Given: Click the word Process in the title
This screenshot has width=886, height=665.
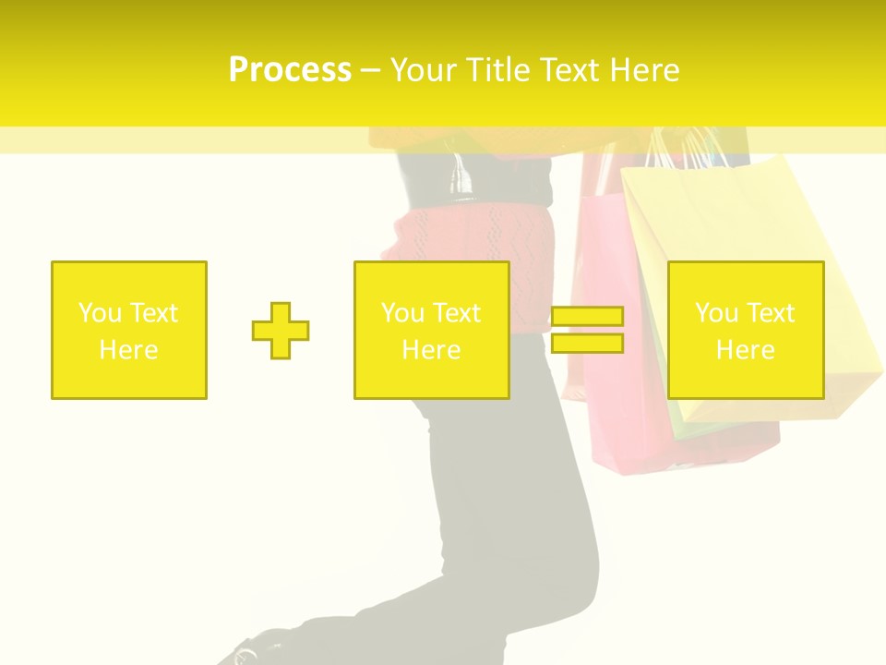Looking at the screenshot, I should [x=290, y=70].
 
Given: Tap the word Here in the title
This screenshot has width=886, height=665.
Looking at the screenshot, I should [x=642, y=70].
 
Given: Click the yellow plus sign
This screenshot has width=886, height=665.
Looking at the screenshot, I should [x=281, y=330].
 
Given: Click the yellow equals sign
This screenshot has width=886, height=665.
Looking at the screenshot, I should [x=587, y=330].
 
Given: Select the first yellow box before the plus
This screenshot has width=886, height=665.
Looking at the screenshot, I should [x=129, y=330].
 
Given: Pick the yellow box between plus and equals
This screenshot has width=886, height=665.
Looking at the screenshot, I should [x=431, y=330].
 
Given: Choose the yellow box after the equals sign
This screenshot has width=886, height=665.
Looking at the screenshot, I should [x=746, y=330].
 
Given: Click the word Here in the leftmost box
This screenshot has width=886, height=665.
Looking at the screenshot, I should [x=129, y=350].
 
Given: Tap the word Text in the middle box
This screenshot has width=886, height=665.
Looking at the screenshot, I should [x=457, y=313].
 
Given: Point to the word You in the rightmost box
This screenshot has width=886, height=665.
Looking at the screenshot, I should [x=716, y=313].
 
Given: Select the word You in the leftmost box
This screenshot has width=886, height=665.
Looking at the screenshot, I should [x=99, y=313].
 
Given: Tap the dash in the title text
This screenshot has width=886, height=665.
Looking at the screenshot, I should [x=371, y=70].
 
